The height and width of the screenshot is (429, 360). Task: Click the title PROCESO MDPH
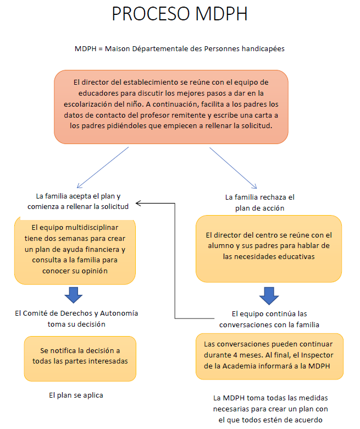(180, 14)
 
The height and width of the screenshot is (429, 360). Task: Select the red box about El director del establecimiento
(171, 107)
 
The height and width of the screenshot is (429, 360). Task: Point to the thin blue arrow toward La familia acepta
(103, 167)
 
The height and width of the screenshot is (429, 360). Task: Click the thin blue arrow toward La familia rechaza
(233, 168)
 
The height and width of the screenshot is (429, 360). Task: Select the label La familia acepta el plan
(78, 201)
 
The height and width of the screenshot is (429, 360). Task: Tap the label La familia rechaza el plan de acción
(259, 202)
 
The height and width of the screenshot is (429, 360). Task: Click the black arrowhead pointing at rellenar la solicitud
(139, 203)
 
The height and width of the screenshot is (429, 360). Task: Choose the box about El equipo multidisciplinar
(75, 250)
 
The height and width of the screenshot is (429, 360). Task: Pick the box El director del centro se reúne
(269, 249)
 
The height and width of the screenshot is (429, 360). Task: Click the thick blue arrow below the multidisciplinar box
(74, 295)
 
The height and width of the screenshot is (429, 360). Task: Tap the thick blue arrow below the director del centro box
(269, 296)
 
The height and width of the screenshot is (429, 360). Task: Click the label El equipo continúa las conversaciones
(269, 319)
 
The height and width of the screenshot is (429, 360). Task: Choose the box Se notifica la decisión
(80, 359)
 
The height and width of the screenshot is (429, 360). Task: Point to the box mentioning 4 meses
(269, 356)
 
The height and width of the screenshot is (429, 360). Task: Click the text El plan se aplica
(76, 395)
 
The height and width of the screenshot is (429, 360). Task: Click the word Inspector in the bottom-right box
(317, 355)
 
